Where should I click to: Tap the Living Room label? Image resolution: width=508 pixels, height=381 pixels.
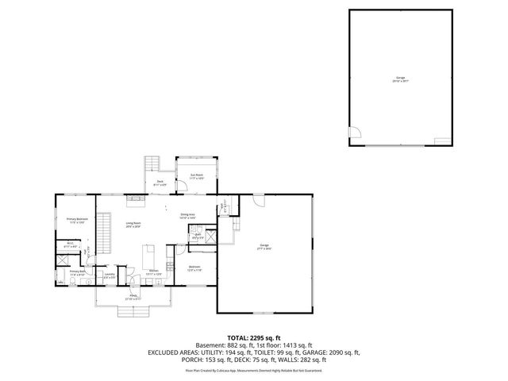coord(133,225)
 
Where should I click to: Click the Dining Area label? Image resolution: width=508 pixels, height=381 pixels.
coord(187,214)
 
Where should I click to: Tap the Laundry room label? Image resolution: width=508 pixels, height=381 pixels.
coord(110,275)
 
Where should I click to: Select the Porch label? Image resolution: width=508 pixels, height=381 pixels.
coord(133,298)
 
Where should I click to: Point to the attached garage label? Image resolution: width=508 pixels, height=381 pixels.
coord(264,247)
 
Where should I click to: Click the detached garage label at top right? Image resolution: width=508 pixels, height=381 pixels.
coord(400,79)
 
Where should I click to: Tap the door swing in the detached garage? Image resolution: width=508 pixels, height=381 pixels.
coord(354,133)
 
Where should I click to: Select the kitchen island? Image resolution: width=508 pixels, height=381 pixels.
coord(147,256)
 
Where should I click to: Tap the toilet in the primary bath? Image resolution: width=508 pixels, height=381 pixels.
coord(63,279)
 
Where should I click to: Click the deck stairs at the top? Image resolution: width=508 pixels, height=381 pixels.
coord(152,164)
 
